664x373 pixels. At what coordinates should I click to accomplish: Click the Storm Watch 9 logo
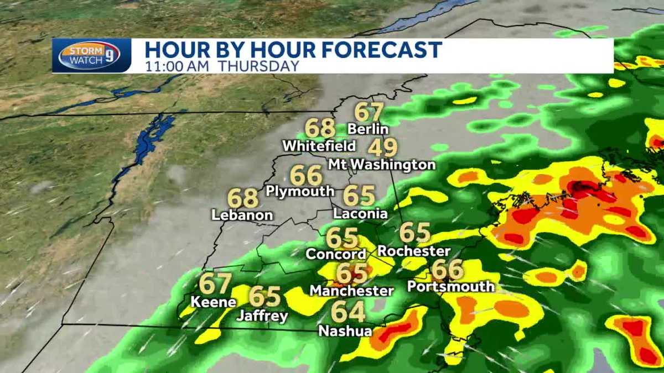click(x=90, y=56)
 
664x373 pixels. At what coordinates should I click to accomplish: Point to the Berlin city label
click(x=368, y=129)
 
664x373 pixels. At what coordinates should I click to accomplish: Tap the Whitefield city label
click(x=319, y=146)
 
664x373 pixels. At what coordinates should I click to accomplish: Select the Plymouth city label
click(x=300, y=191)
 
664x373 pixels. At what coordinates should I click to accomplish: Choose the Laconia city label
click(x=360, y=213)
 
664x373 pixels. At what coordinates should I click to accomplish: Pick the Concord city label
click(x=336, y=254)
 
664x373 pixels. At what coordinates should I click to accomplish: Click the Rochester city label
click(x=414, y=251)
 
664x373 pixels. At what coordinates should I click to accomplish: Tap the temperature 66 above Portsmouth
click(x=447, y=270)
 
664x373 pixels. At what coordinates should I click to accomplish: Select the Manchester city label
click(x=351, y=290)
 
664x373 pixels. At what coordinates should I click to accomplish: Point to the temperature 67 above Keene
click(x=215, y=284)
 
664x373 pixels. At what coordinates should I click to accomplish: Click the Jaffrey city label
click(x=262, y=316)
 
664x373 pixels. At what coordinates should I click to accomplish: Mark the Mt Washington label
click(x=382, y=165)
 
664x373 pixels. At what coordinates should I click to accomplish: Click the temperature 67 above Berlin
click(x=369, y=112)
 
